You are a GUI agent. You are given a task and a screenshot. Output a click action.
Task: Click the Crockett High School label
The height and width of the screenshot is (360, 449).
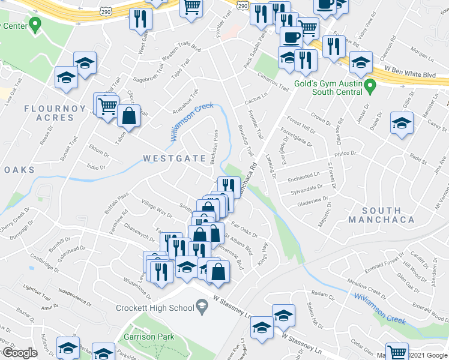154,308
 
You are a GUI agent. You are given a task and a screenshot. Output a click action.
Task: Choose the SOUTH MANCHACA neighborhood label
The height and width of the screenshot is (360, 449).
389,215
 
